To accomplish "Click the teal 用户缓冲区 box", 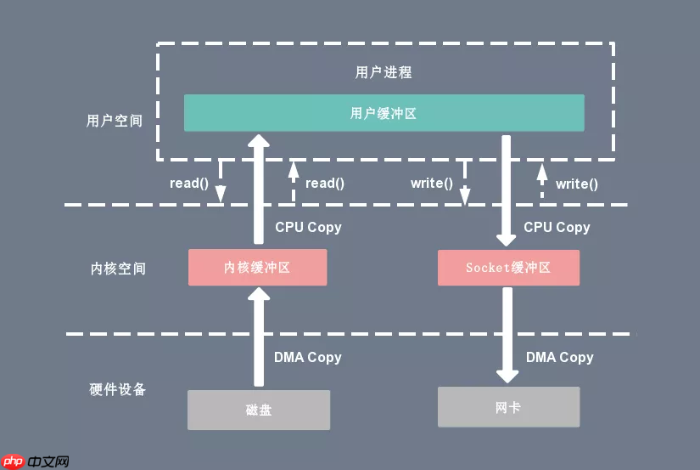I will tap(384, 113).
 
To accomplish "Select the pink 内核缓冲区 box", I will tap(257, 267).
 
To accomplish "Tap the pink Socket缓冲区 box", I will tap(508, 267).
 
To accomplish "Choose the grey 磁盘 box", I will tap(258, 410).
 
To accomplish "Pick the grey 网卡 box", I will tap(508, 407).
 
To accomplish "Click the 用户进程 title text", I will tap(384, 71).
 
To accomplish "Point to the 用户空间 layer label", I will tap(115, 121).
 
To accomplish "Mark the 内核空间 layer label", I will tap(118, 269).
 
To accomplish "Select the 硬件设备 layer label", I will tap(118, 389).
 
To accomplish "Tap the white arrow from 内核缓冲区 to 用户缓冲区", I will tap(258, 191).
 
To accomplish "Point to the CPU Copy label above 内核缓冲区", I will tap(308, 227).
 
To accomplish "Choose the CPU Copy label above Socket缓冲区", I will tap(557, 227).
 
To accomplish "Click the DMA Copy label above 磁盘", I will tap(307, 357).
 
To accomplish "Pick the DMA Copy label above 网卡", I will tap(559, 357).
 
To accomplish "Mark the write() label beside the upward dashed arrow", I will tap(576, 183).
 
